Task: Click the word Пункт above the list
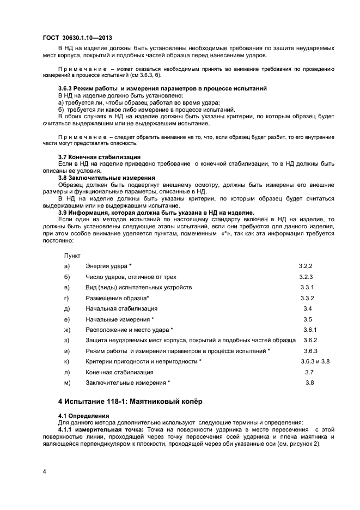point(72,255)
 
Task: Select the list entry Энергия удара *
point(109,266)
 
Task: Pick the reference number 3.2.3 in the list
point(307,277)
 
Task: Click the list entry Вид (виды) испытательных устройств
point(138,287)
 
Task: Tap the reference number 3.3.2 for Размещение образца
point(308,298)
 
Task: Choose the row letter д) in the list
point(67,308)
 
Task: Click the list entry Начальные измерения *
point(120,319)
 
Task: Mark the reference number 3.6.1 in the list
point(310,330)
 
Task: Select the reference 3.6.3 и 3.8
point(315,361)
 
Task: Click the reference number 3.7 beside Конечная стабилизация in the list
point(309,372)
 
